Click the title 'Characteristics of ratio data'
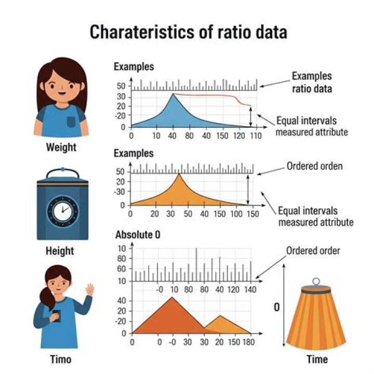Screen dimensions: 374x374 tap(188, 32)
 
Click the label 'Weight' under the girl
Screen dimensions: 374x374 tap(61, 147)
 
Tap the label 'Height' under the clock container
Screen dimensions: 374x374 tap(60, 251)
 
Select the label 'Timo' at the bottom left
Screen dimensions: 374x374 tap(60, 359)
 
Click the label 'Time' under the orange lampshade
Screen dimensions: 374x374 tap(317, 359)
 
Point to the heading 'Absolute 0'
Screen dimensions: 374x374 tap(137, 235)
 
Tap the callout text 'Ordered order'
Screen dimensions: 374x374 tap(313, 251)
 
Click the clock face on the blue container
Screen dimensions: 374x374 tap(62, 210)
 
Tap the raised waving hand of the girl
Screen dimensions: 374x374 tap(89, 290)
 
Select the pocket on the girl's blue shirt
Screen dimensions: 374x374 tap(71, 122)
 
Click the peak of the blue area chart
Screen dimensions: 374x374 tap(173, 94)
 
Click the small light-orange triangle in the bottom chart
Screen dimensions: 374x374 tap(220, 323)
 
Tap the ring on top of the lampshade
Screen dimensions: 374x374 tap(316, 282)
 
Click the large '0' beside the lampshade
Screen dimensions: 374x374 tap(277, 308)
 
